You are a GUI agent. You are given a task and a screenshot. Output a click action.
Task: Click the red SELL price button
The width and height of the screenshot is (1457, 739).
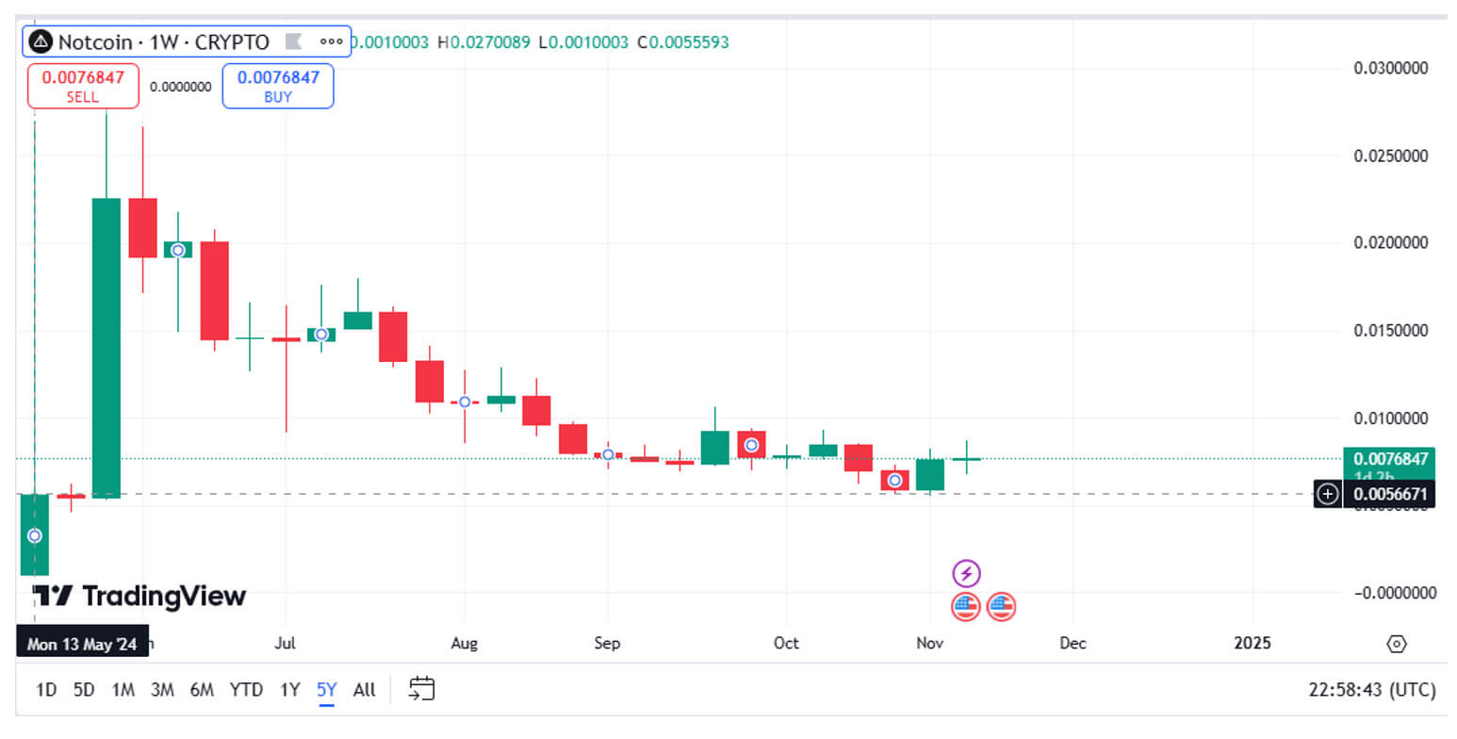coord(83,86)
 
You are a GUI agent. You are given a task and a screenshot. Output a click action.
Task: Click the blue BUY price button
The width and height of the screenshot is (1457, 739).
coord(278,86)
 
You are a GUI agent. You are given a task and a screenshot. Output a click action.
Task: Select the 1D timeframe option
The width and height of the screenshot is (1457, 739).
coord(46,689)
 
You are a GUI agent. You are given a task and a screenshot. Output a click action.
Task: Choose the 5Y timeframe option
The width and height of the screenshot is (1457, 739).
coord(326,689)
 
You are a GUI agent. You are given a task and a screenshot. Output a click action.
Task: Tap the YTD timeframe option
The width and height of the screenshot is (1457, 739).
coord(246,689)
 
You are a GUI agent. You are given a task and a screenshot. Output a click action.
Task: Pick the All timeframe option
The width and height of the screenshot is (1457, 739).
coord(365,689)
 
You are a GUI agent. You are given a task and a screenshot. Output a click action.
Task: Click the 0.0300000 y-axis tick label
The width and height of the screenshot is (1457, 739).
coord(1390,68)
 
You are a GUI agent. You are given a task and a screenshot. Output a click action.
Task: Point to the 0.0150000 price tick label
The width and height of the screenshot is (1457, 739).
coord(1390,331)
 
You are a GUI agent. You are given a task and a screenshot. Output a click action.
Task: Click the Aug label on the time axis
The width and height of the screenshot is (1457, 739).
coord(465,643)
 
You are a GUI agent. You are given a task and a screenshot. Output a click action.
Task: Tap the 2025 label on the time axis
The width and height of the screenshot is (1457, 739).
coord(1252,643)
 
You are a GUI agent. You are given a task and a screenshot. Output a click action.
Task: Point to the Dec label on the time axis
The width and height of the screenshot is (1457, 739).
coord(1072,643)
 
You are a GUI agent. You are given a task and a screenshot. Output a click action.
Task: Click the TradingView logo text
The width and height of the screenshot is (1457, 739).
coord(139,596)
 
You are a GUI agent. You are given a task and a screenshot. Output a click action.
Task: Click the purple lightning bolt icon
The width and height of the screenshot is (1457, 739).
coord(967,573)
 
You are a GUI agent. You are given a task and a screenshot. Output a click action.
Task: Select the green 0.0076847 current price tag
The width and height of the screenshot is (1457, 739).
coord(1389,459)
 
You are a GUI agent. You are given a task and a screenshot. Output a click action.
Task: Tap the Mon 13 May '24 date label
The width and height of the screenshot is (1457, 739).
coord(82,644)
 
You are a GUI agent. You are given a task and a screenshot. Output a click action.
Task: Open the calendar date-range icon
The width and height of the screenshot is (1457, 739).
coord(421,689)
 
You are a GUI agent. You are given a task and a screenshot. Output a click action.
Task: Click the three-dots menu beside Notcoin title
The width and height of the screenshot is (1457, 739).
coord(331,41)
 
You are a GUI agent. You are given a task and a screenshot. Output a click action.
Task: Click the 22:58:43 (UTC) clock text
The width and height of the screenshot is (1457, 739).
coord(1372,689)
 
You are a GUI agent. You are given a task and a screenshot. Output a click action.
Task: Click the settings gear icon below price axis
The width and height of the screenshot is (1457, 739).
coord(1397,644)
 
